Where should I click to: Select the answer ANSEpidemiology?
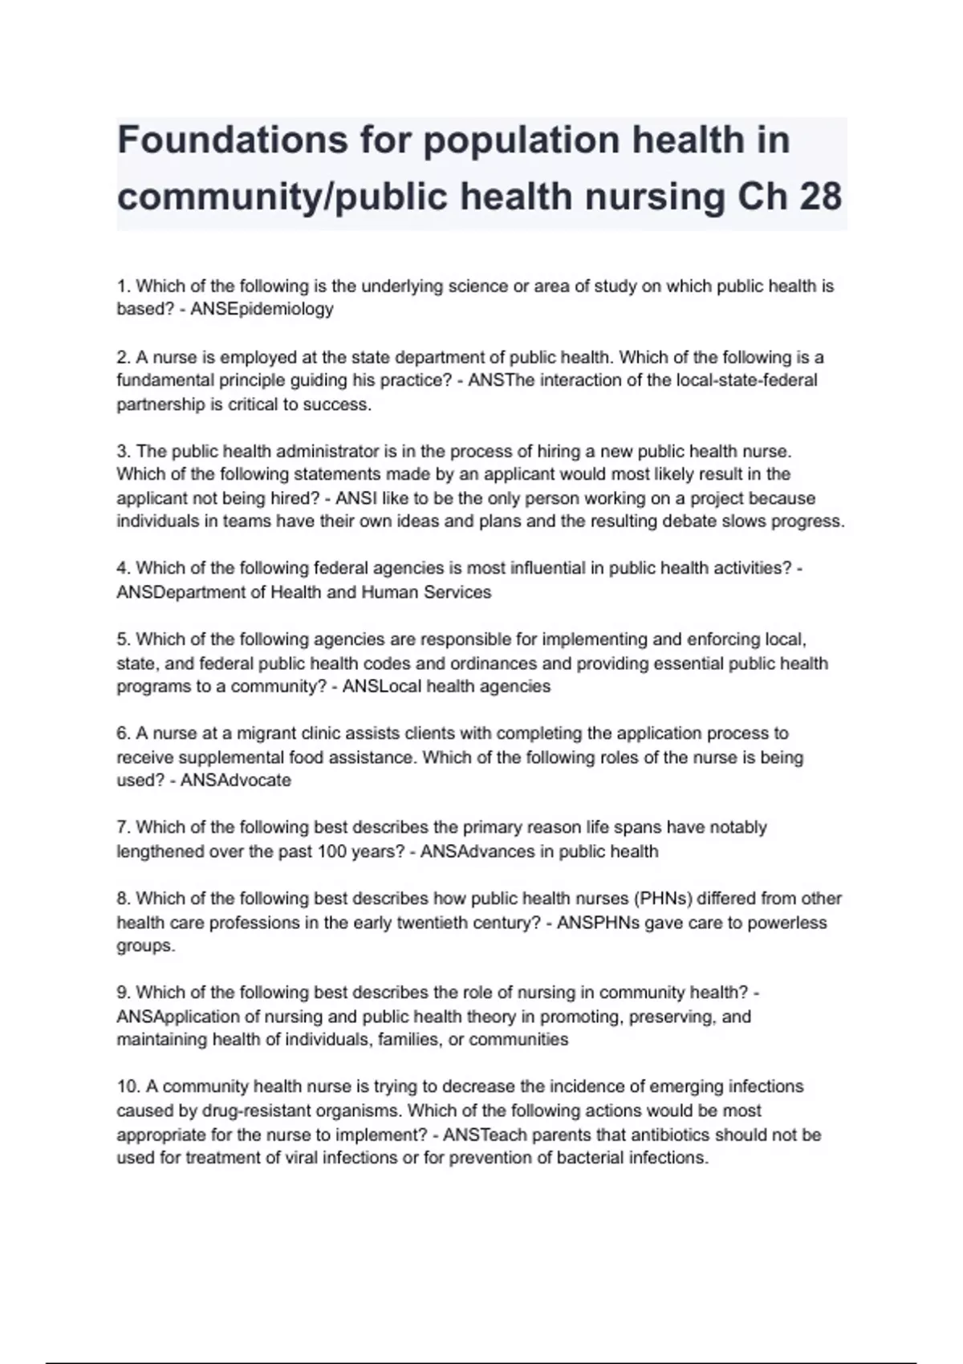[262, 309]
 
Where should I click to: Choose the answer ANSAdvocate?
[236, 781]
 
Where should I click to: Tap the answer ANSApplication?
[178, 1017]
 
